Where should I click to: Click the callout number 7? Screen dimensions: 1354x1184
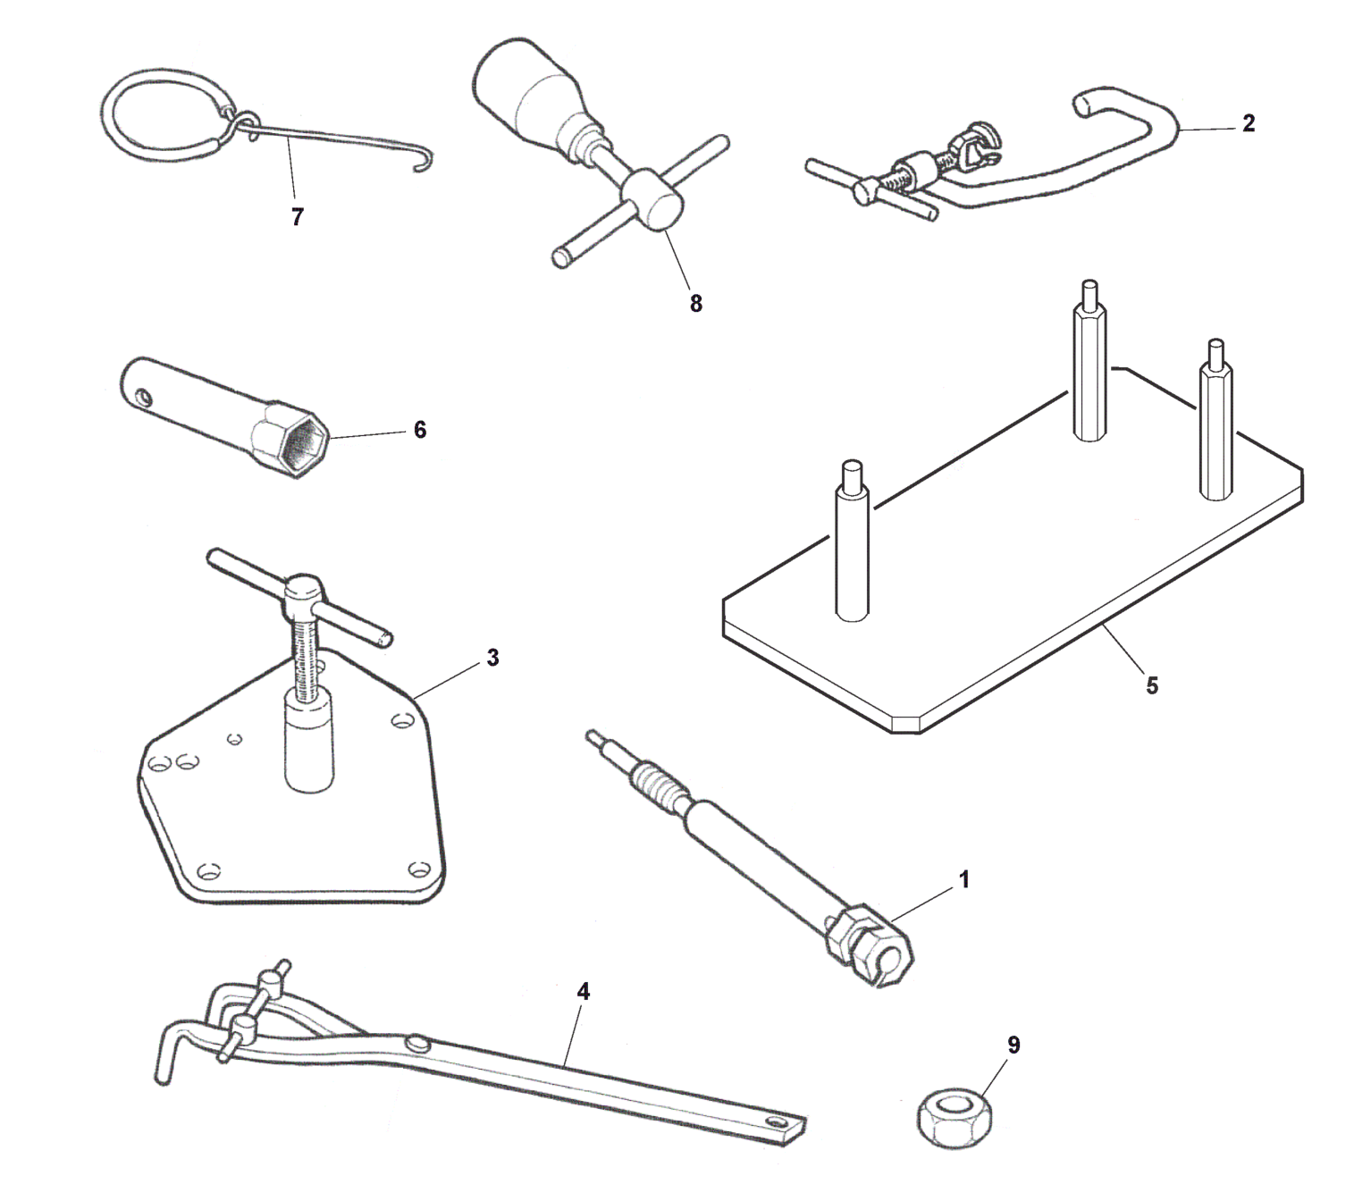tap(297, 216)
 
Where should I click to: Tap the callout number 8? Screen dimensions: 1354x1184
tap(695, 304)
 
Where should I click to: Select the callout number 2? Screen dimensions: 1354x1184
tap(1249, 123)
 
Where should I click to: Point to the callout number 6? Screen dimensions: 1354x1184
tap(419, 430)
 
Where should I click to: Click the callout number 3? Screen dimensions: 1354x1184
tap(492, 658)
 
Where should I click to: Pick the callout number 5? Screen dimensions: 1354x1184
tap(1152, 686)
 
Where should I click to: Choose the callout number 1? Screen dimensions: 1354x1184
tap(964, 879)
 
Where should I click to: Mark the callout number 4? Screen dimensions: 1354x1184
tap(583, 992)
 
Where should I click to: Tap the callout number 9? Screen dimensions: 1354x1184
tap(1013, 1045)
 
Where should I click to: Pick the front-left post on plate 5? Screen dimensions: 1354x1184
tap(853, 542)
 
